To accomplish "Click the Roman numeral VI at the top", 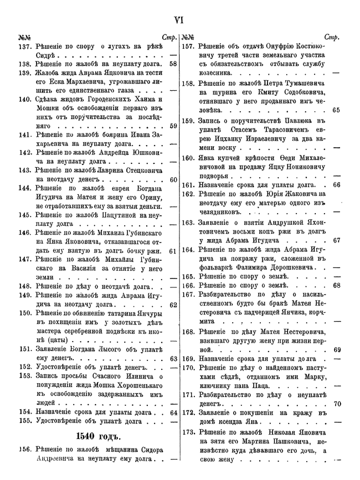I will [x=179, y=20].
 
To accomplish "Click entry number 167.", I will [x=189, y=295].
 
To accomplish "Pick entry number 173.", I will [x=189, y=431].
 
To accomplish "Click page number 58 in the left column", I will [x=173, y=64].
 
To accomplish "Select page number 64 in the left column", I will [x=173, y=412].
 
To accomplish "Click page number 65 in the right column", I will [x=336, y=110].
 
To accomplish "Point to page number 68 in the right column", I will [x=336, y=286].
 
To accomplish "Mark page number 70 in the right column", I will [x=336, y=404].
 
